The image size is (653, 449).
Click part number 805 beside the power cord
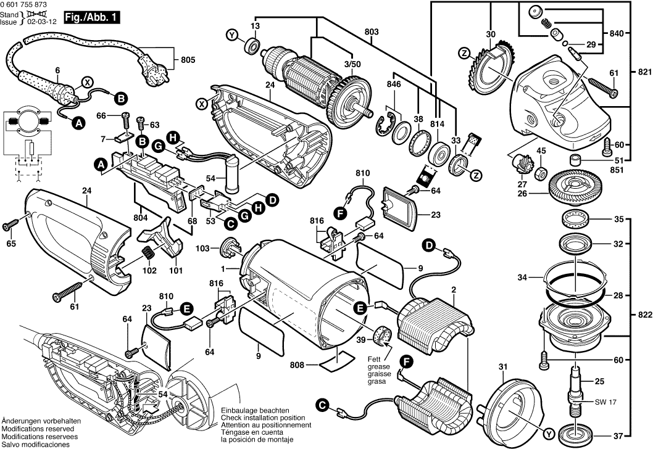pyautogui.click(x=188, y=60)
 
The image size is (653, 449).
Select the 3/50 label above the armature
pyautogui.click(x=352, y=64)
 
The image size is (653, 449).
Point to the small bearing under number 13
pyautogui.click(x=253, y=45)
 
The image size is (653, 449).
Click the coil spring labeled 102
pyautogui.click(x=148, y=252)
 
